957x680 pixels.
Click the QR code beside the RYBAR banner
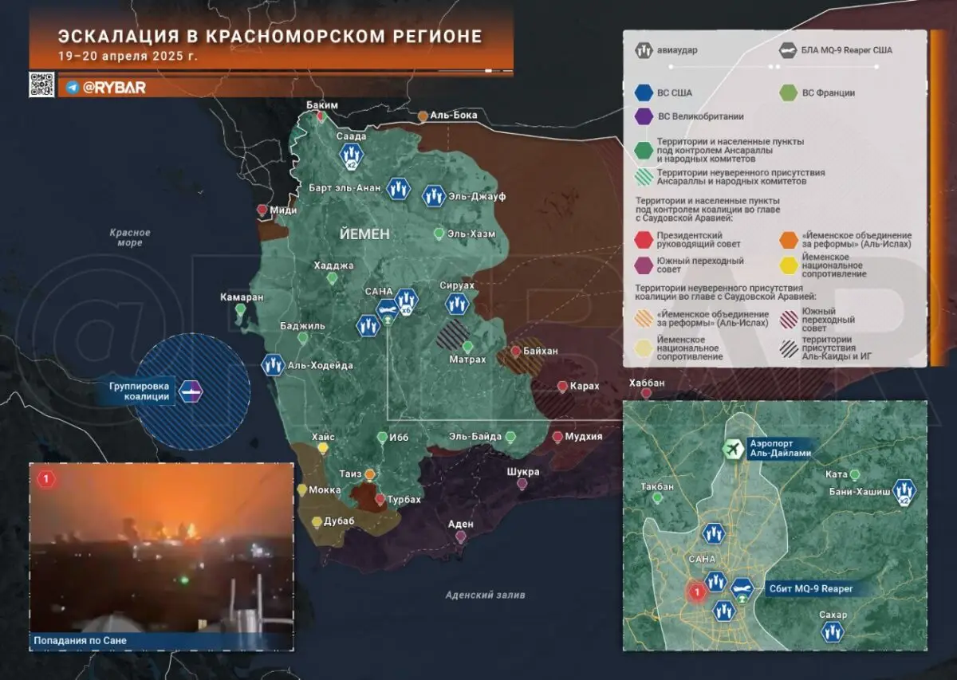[x=41, y=84]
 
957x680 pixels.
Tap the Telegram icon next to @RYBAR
[x=73, y=87]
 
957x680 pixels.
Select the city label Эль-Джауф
[x=478, y=196]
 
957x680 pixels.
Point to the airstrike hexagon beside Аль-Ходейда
[x=274, y=365]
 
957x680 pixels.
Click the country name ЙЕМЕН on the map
[x=364, y=234]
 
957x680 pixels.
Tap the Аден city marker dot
[x=460, y=537]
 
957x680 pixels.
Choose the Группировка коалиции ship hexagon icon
[x=191, y=392]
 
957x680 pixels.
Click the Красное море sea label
[x=130, y=238]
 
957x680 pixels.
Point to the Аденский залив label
[x=485, y=595]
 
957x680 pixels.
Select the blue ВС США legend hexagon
[x=644, y=93]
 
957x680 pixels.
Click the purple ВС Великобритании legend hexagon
[x=644, y=117]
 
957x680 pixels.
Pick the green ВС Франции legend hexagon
[x=789, y=93]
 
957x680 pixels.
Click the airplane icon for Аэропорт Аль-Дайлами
[x=732, y=450]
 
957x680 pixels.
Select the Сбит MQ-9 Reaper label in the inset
[x=812, y=588]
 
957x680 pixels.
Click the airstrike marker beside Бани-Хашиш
[x=904, y=491]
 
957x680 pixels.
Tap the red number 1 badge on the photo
[x=46, y=479]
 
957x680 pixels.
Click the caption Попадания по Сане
[x=80, y=640]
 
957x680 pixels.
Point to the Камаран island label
[x=242, y=297]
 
